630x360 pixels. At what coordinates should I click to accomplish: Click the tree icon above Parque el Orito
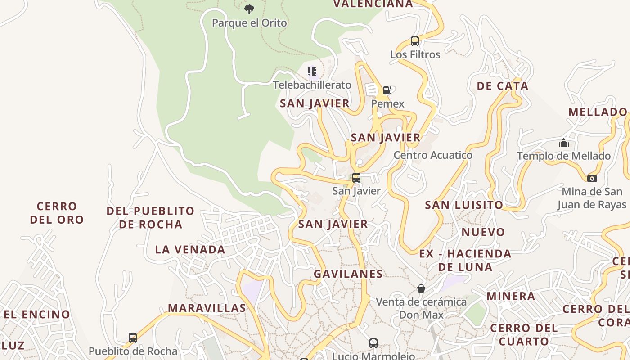coord(249,9)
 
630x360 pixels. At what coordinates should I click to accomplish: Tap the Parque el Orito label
coord(249,23)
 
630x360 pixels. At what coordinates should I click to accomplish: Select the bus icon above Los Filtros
coord(415,41)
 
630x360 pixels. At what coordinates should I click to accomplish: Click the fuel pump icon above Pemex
coord(387,90)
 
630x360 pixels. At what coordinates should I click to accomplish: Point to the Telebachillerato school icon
coord(312,71)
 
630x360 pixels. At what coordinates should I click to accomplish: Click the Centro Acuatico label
coord(433,155)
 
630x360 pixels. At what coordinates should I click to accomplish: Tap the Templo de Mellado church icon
coord(563,144)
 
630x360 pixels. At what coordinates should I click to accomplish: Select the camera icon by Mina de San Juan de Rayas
coord(592,178)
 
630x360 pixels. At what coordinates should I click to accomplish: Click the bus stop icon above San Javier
coord(356,178)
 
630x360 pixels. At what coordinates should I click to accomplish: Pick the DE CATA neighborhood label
coord(502,86)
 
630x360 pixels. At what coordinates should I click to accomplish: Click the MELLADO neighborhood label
coord(598,112)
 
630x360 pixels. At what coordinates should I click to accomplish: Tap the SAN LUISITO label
coord(464,205)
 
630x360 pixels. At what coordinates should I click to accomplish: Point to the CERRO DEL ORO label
coord(57,213)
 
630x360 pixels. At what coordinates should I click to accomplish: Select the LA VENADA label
coord(190,249)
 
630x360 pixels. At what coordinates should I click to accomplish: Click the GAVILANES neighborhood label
coord(348,274)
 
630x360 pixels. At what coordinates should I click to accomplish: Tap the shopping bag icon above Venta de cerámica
coord(421,288)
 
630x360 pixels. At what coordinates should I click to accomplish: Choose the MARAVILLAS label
coord(207,308)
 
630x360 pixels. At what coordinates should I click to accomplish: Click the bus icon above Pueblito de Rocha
coord(133,338)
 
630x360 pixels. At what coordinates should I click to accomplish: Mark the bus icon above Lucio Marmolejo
coord(373,343)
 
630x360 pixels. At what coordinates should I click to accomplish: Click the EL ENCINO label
coord(37,314)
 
